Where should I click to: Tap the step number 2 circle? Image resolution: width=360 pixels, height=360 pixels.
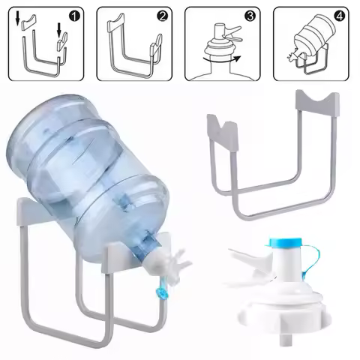point(162,15)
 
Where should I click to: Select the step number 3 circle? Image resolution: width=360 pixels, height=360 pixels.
point(250,15)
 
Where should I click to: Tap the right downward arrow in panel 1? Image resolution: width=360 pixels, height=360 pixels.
point(59,29)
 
